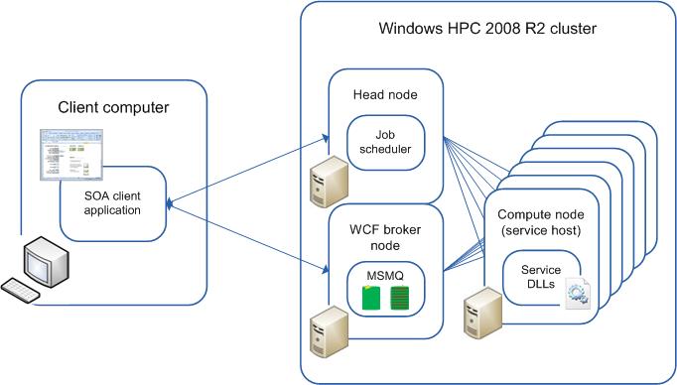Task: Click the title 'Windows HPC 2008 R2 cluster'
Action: (x=488, y=28)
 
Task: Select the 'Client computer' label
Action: (x=113, y=107)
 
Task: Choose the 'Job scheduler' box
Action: (x=386, y=142)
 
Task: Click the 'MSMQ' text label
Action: (x=385, y=270)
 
